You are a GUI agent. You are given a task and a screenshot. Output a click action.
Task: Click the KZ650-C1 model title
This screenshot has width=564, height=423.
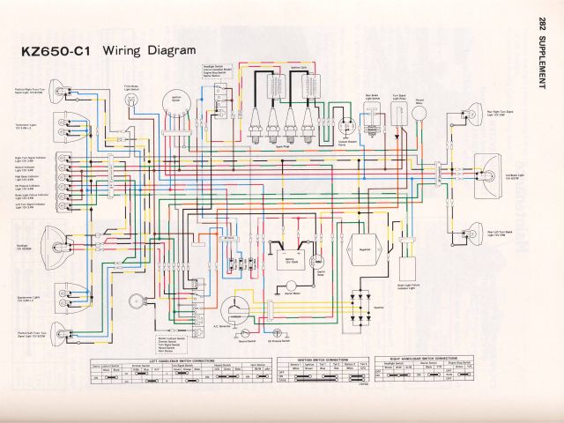(x=55, y=51)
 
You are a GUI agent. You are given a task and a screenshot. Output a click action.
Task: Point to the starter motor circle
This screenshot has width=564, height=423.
(x=289, y=288)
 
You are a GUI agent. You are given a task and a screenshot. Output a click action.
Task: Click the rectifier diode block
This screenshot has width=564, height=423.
(x=360, y=304)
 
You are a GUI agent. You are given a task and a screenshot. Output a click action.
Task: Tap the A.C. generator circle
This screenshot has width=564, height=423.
(x=235, y=308)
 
